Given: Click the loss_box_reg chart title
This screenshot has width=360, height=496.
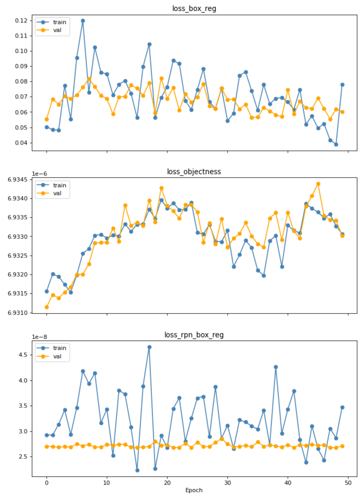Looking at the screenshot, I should (194, 8).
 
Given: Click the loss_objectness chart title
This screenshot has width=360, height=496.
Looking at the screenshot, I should (194, 172).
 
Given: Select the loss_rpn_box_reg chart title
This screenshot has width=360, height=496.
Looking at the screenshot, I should (194, 335).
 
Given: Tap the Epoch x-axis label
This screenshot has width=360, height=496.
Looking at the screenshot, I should (194, 490).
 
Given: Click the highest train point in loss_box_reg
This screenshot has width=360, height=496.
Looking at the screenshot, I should (83, 21).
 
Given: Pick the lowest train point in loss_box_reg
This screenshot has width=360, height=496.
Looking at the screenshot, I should (336, 144).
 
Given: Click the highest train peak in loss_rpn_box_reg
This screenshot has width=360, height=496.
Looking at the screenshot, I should (149, 347).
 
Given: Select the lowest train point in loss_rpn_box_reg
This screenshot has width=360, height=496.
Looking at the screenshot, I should (137, 470).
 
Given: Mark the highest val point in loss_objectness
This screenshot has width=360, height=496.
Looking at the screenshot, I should (318, 184).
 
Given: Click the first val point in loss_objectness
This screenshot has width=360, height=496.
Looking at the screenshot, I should (47, 307).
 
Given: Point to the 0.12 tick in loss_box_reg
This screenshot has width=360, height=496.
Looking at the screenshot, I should (21, 21).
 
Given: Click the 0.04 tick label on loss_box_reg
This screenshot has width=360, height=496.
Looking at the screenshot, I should (21, 143).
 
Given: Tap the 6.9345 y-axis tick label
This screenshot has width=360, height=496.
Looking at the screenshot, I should (17, 180).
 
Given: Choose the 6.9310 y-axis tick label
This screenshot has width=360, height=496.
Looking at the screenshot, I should (17, 312).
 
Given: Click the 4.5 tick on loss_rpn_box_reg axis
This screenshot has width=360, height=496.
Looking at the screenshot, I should (23, 355).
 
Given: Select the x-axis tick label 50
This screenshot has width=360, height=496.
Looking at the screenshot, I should (348, 483).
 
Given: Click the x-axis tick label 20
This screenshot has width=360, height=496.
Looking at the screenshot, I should (167, 483).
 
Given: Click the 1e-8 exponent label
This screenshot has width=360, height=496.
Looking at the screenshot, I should (39, 337).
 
